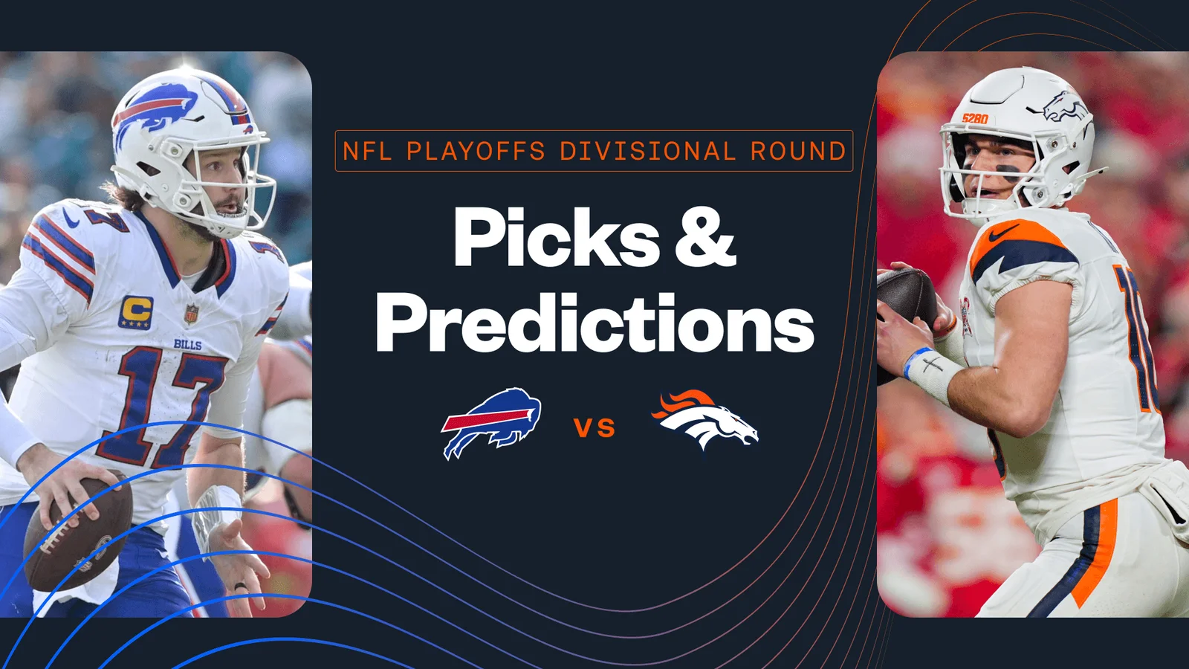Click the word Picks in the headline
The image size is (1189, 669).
(x=556, y=237)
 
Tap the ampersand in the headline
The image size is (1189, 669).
(x=704, y=237)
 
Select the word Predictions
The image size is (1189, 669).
(x=594, y=324)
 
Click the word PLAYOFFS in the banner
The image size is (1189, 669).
(x=476, y=151)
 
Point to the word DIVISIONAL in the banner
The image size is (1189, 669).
(x=647, y=151)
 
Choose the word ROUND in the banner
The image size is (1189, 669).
(x=798, y=151)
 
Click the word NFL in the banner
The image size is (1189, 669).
(x=367, y=151)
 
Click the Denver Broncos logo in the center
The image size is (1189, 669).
(x=704, y=420)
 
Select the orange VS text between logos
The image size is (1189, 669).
(x=594, y=427)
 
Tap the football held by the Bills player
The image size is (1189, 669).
(x=78, y=535)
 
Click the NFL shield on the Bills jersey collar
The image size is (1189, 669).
(x=192, y=314)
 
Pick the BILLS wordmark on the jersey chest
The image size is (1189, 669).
(x=187, y=344)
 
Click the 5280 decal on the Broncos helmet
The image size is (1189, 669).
(x=974, y=118)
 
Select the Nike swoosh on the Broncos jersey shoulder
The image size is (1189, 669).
(x=1003, y=233)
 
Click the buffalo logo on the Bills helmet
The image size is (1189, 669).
(x=156, y=109)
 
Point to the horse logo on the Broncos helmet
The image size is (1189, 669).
(x=1066, y=108)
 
